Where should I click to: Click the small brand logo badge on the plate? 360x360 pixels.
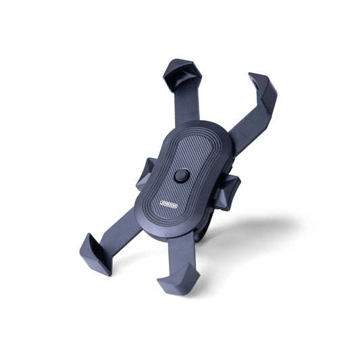click(150, 201)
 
